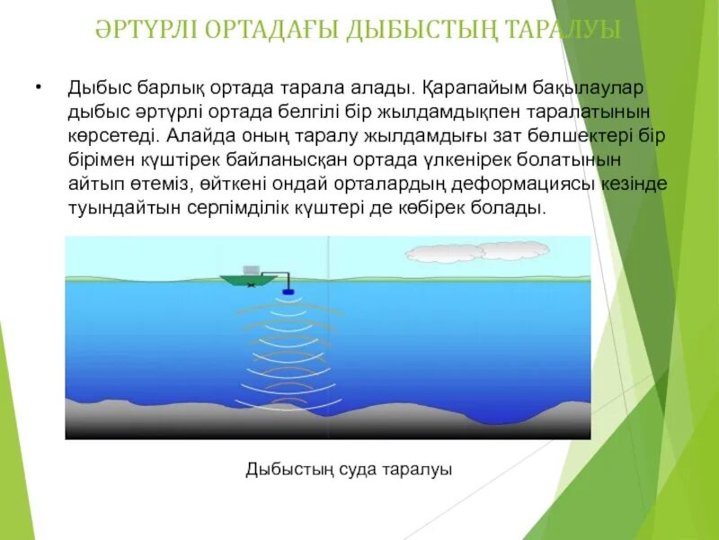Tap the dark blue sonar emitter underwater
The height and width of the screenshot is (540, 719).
(288, 292)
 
